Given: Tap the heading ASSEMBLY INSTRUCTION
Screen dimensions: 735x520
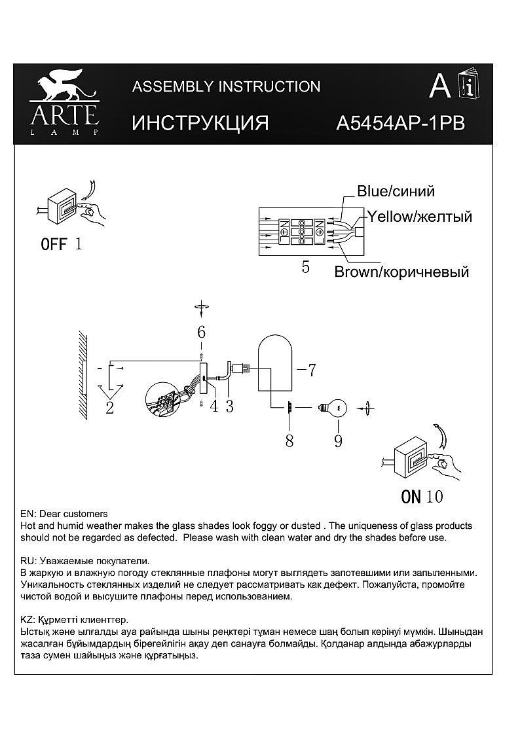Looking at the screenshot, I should (226, 86).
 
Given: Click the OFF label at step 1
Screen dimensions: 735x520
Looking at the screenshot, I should (54, 245).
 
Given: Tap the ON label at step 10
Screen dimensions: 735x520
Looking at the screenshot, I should (411, 497).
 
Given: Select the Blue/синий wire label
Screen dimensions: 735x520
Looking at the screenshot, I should (396, 191).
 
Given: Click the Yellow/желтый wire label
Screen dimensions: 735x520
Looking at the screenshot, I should (419, 217).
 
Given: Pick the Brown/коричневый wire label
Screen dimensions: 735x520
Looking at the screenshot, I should (401, 272).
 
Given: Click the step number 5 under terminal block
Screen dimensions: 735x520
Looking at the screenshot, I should (305, 268).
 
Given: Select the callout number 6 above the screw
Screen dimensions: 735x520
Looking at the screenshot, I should (202, 332).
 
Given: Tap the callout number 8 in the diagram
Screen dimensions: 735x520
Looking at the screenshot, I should (289, 440).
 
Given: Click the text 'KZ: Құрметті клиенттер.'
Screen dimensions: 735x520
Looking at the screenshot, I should (74, 619).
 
